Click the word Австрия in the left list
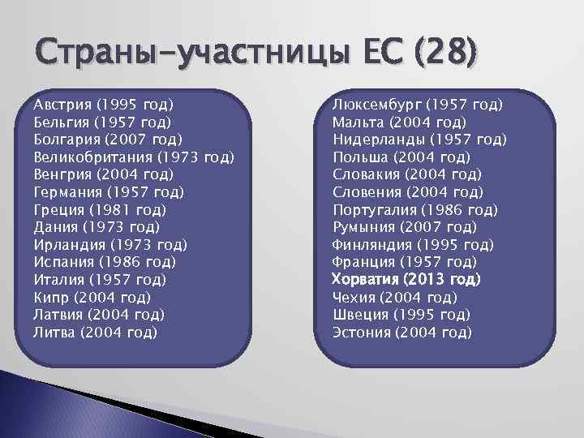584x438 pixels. (x=62, y=105)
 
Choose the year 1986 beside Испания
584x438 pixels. (x=114, y=262)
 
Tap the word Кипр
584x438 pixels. (x=50, y=297)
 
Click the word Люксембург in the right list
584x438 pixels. (x=376, y=105)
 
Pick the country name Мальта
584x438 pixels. (x=358, y=122)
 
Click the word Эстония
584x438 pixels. (x=362, y=332)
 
